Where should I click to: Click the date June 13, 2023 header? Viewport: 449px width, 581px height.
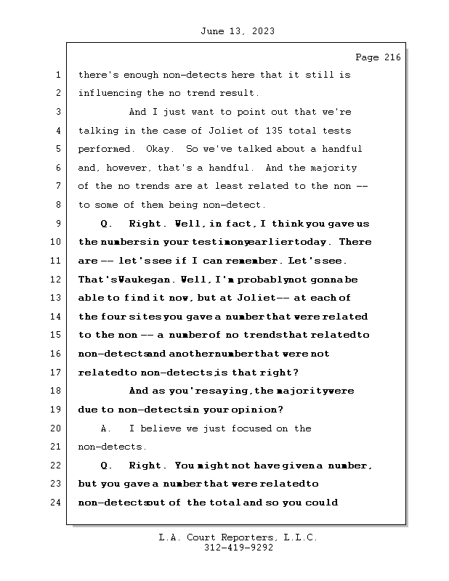point(236,31)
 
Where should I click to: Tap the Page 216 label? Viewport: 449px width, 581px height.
point(378,57)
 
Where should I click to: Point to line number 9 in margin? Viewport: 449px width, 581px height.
point(57,224)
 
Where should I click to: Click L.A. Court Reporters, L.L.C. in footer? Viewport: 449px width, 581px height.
point(238,537)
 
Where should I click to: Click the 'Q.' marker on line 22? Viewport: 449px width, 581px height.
point(105,466)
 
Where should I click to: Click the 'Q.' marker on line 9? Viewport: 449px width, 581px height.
point(105,224)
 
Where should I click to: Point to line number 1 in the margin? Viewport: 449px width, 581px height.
point(57,75)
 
